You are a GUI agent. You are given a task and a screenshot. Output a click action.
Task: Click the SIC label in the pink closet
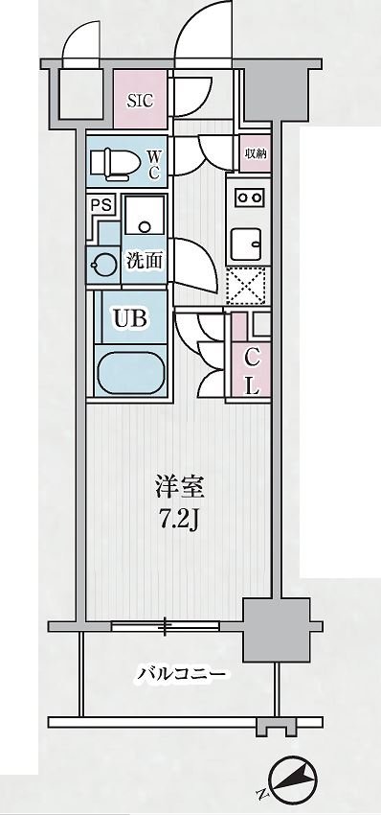click(x=139, y=98)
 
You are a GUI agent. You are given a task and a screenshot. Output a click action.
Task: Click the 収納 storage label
click(x=253, y=153)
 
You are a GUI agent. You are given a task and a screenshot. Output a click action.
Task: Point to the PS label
click(x=100, y=204)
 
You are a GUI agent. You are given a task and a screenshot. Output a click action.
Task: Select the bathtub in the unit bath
click(x=132, y=372)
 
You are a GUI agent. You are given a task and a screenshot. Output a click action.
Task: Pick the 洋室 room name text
click(x=180, y=487)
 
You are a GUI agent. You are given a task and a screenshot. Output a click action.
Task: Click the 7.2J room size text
click(x=180, y=522)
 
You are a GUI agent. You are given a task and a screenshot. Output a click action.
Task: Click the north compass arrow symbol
click(x=294, y=780)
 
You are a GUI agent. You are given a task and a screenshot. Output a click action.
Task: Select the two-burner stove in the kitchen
click(x=251, y=198)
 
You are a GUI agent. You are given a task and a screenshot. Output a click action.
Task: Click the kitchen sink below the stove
click(x=251, y=241)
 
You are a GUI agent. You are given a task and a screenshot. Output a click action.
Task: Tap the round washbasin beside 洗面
click(x=101, y=261)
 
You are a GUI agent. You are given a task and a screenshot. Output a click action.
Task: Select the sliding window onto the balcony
click(x=164, y=626)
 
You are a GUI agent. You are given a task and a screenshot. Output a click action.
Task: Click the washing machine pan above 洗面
click(x=143, y=219)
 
